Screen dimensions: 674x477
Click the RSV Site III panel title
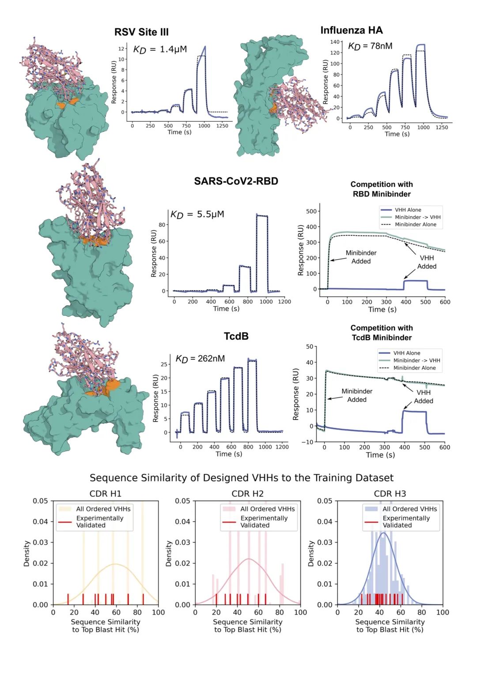click(141, 32)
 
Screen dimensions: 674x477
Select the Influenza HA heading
click(352, 30)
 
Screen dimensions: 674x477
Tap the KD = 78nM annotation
click(370, 46)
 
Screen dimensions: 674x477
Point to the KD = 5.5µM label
click(197, 214)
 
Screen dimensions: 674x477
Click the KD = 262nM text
click(200, 359)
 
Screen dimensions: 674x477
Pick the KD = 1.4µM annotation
click(160, 49)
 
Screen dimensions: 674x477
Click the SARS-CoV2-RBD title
click(236, 181)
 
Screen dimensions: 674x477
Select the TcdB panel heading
click(236, 336)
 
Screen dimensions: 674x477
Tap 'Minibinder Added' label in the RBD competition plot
click(361, 257)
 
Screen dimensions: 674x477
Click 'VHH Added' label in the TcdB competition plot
click(423, 397)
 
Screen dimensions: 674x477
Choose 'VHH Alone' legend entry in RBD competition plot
click(408, 210)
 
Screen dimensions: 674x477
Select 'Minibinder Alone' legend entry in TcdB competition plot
click(414, 368)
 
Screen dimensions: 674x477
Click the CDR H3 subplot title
click(390, 494)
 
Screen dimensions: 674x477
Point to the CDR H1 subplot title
click(105, 494)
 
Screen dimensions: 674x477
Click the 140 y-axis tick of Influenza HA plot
click(335, 42)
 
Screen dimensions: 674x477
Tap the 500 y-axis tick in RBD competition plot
click(311, 211)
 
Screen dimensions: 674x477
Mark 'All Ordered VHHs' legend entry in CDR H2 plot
click(267, 509)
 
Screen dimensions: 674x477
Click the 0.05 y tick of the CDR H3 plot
click(325, 501)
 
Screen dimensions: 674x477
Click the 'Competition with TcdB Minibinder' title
click(382, 333)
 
